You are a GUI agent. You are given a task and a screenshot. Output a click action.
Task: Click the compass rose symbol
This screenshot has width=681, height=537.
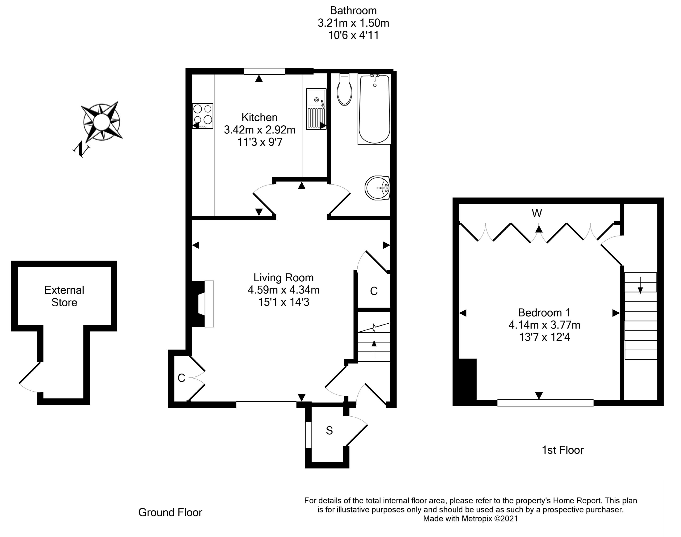click(101, 122)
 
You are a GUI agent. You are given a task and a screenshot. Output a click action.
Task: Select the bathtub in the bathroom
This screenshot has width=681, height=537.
click(374, 109)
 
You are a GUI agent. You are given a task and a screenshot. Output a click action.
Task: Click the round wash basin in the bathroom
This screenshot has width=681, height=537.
click(377, 188)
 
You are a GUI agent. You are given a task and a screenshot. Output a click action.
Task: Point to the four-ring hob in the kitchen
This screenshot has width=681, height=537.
click(203, 116)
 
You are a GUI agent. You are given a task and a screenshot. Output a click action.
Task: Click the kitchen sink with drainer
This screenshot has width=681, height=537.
click(316, 109)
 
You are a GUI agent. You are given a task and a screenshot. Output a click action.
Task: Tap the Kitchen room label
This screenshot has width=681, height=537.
click(259, 118)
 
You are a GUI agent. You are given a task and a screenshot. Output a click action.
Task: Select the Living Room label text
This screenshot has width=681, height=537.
click(283, 278)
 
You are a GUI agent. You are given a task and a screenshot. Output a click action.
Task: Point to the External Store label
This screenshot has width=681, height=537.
click(64, 296)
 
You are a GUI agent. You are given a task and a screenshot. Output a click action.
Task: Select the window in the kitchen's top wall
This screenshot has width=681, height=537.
click(264, 71)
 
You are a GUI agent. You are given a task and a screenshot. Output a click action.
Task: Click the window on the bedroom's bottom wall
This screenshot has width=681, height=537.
click(545, 403)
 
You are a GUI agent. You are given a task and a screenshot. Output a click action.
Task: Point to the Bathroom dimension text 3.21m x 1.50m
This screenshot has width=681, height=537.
click(353, 23)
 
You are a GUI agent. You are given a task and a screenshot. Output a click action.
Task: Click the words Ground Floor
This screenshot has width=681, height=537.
click(170, 512)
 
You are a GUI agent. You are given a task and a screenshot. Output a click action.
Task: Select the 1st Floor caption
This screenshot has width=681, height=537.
click(563, 450)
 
